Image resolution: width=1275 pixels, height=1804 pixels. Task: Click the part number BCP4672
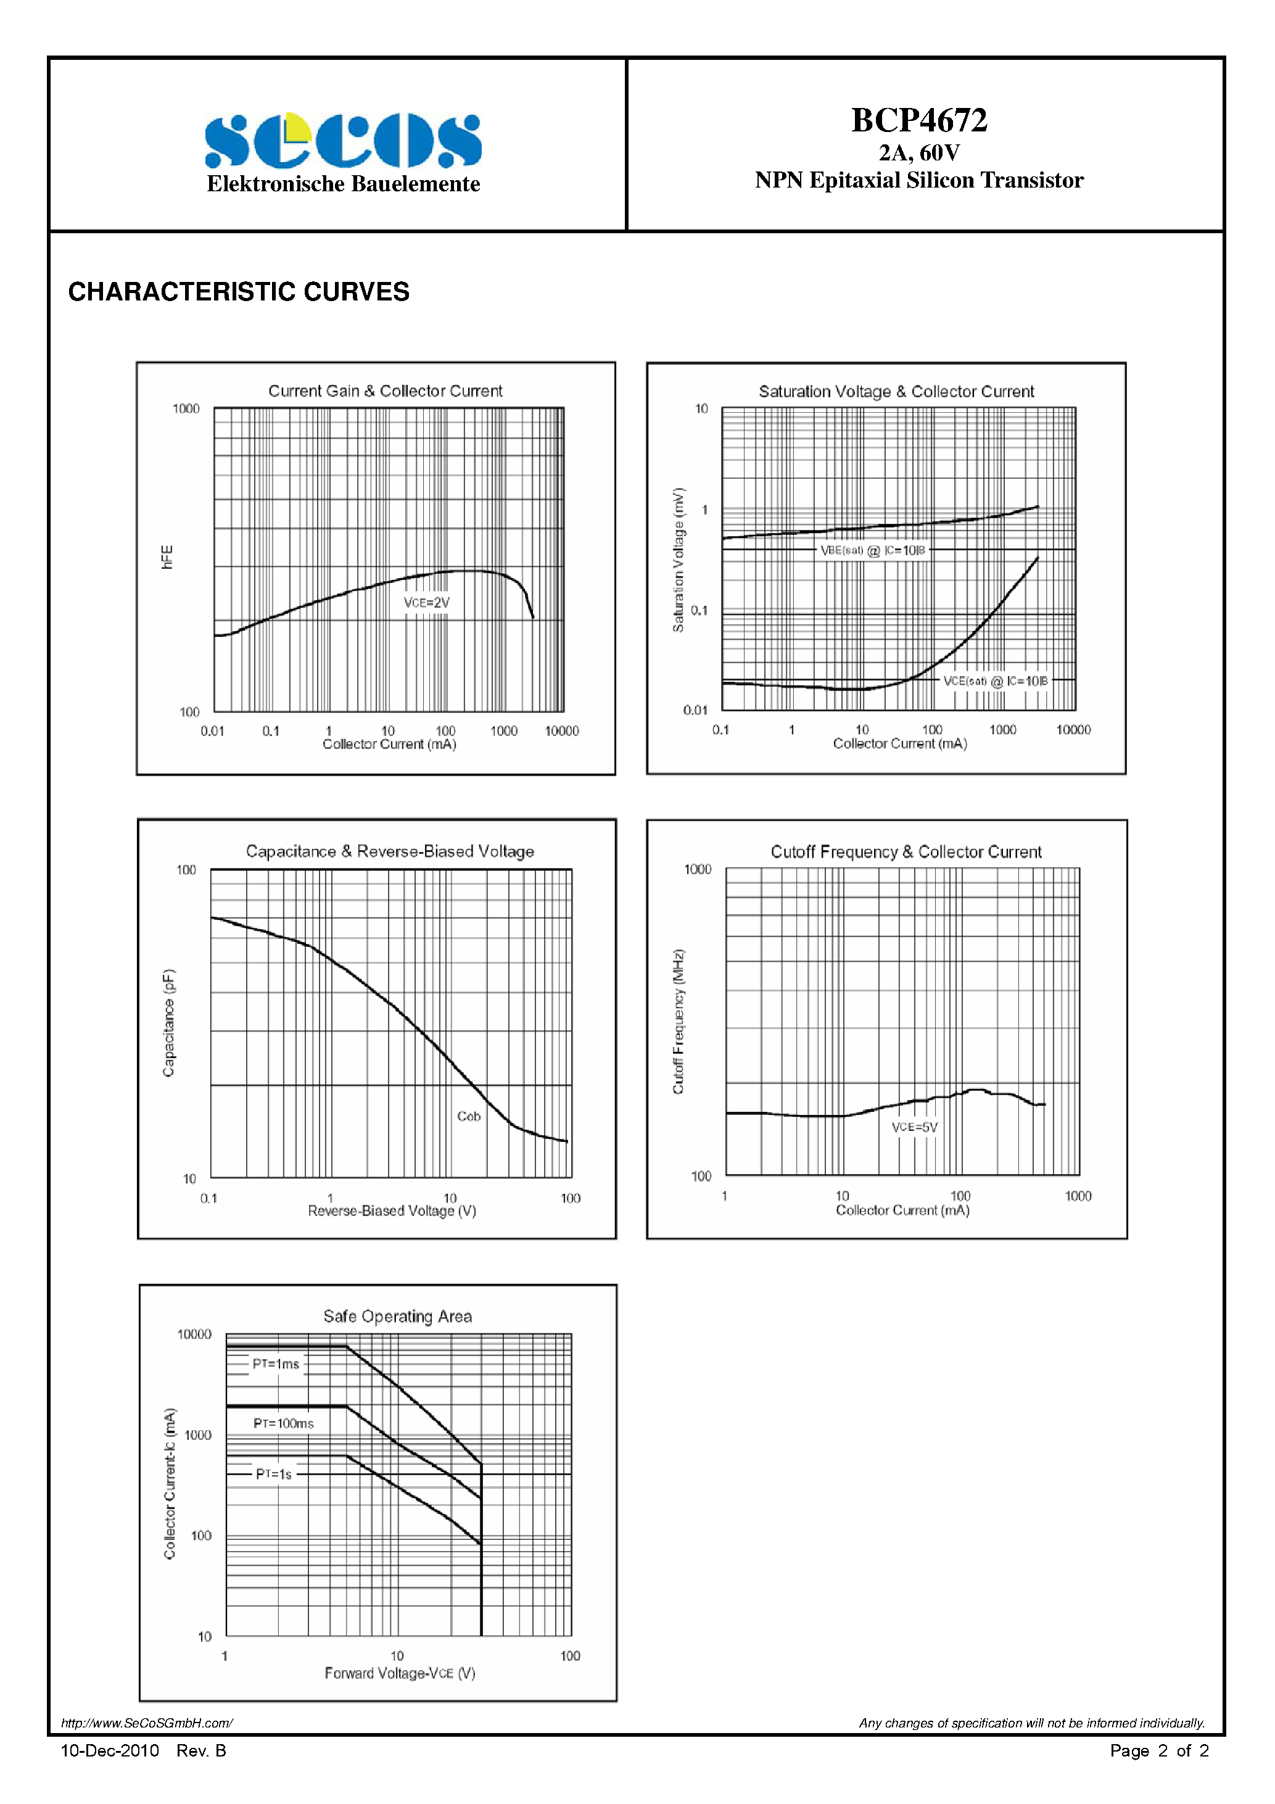coord(918,120)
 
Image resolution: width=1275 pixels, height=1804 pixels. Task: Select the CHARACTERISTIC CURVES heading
coord(239,291)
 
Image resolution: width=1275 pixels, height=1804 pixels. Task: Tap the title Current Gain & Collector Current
coord(385,391)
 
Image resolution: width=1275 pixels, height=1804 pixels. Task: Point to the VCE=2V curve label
coord(427,603)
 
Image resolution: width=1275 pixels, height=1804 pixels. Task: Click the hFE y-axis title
coord(167,557)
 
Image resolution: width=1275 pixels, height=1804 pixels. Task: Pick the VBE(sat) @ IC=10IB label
coord(873,550)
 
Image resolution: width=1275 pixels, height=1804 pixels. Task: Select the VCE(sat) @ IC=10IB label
coord(996,681)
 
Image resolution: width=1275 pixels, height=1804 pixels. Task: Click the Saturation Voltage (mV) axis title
coord(679,560)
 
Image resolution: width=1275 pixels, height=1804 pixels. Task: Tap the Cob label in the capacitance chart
coord(468,1115)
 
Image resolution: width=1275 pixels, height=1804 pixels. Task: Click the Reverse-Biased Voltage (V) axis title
coord(392,1210)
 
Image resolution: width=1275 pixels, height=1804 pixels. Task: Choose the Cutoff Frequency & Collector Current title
coord(906,851)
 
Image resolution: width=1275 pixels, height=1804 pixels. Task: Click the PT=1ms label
coord(276,1364)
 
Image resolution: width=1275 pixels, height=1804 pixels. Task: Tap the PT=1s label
coord(273,1474)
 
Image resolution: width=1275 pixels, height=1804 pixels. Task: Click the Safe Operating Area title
coord(397,1316)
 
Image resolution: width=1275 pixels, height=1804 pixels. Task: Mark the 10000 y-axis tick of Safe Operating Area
coord(194,1334)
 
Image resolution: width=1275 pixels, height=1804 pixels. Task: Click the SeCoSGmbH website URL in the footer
coord(147,1723)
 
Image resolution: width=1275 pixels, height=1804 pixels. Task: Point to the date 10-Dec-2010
coord(110,1750)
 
